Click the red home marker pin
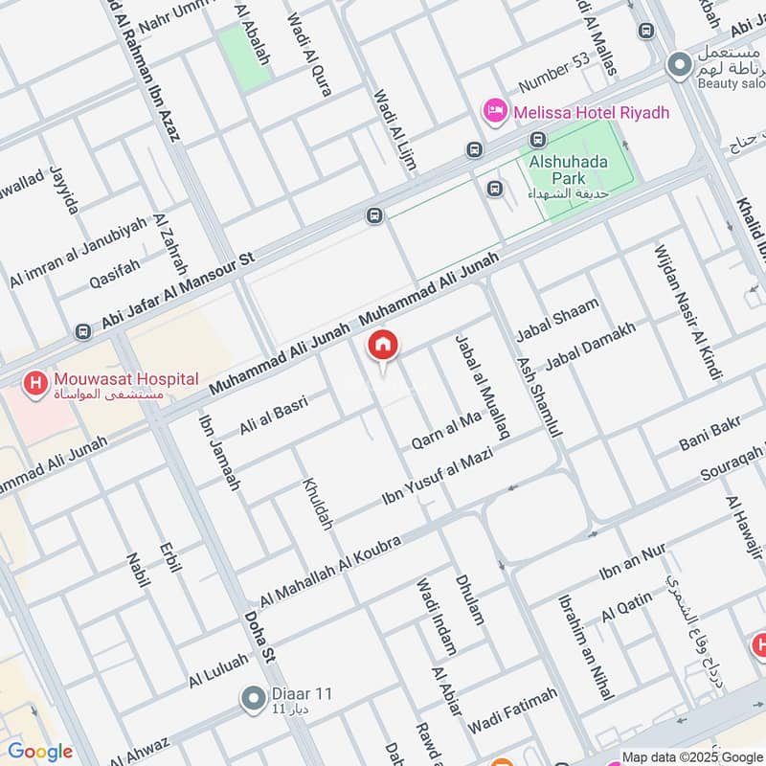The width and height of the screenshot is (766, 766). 383,347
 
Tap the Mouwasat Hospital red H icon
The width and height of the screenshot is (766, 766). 36,385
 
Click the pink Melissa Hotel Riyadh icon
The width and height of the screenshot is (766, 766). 495,112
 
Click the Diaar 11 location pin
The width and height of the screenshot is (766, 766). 254,699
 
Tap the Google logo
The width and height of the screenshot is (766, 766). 40,752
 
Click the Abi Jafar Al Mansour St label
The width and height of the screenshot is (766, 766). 179,291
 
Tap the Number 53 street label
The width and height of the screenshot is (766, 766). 553,72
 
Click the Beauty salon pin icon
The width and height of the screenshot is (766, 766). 680,64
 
